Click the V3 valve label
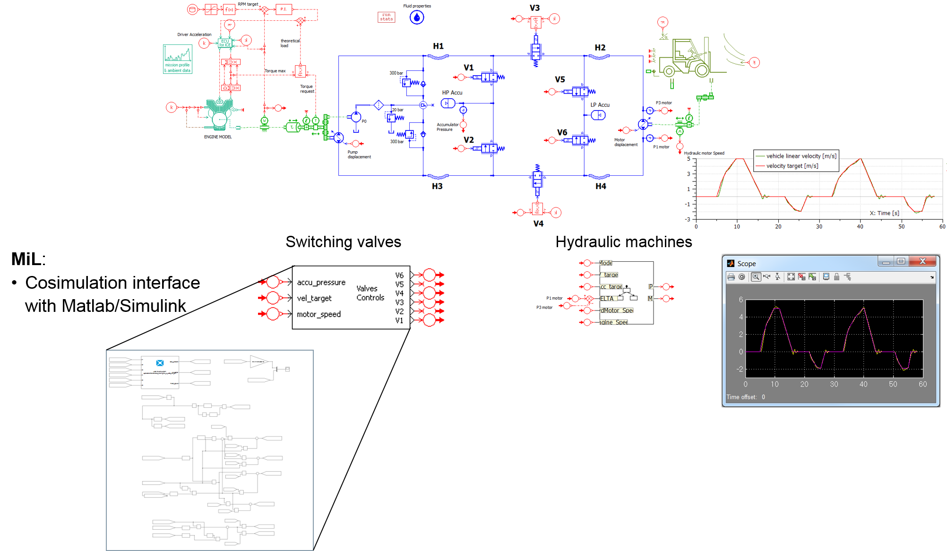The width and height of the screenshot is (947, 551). pyautogui.click(x=534, y=8)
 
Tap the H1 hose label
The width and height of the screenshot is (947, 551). pyautogui.click(x=438, y=46)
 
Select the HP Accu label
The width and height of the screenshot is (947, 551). pyautogui.click(x=452, y=93)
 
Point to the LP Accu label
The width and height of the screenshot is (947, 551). pyautogui.click(x=600, y=105)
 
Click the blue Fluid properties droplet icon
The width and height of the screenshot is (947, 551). pyautogui.click(x=416, y=17)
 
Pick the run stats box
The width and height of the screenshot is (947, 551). pyautogui.click(x=386, y=17)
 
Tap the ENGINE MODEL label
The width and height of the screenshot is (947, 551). pyautogui.click(x=217, y=137)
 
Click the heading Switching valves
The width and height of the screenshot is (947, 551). pyautogui.click(x=343, y=242)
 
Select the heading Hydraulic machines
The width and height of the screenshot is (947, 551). pyautogui.click(x=623, y=242)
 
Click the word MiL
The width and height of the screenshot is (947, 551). pyautogui.click(x=26, y=259)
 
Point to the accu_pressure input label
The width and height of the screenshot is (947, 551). pyautogui.click(x=321, y=283)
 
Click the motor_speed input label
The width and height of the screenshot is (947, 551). pyautogui.click(x=319, y=314)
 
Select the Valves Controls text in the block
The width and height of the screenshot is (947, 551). pyautogui.click(x=370, y=293)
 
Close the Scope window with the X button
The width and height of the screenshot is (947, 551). pyautogui.click(x=922, y=261)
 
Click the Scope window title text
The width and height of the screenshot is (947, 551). pyautogui.click(x=746, y=264)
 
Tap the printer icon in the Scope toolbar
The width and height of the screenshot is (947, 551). pyautogui.click(x=731, y=277)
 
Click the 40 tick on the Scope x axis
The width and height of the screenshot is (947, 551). pyautogui.click(x=863, y=384)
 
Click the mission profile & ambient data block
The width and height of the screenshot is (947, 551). pyautogui.click(x=178, y=59)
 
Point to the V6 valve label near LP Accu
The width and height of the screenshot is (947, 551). pyautogui.click(x=562, y=132)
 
